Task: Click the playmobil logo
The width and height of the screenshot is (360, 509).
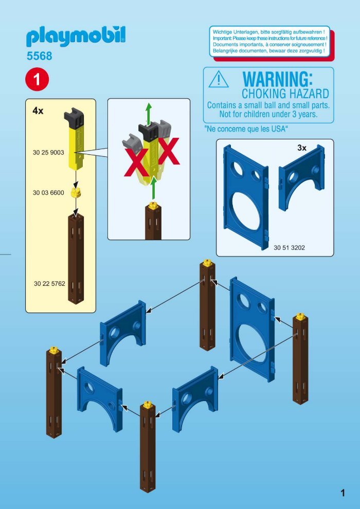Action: pos(76,38)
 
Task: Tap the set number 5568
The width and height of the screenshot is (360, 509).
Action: pos(39,56)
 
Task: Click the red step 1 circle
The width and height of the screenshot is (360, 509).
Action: pos(37,79)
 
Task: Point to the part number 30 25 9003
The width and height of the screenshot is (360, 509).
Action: pos(48,153)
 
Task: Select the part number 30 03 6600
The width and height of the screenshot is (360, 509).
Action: pos(48,193)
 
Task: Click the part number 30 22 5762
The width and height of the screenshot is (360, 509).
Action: pos(49,284)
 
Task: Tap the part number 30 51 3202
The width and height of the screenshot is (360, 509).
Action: pos(289,248)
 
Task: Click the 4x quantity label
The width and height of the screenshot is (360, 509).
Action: pos(38,111)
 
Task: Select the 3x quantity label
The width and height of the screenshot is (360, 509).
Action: pos(302,148)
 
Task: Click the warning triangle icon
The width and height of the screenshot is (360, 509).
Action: pos(219,80)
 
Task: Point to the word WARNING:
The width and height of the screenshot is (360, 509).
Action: pos(278,79)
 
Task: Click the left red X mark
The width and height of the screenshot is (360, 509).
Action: pos(136,162)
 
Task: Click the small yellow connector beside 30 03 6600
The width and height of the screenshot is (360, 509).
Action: pos(76,192)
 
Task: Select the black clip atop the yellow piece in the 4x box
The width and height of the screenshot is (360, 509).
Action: pos(75,117)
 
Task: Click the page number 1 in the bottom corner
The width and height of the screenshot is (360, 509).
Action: pos(343,494)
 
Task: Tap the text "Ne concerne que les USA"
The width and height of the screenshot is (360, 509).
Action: pos(246,129)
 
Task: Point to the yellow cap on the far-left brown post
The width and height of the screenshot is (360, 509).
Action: pos(54,350)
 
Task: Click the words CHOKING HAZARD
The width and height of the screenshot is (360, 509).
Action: pos(285,94)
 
